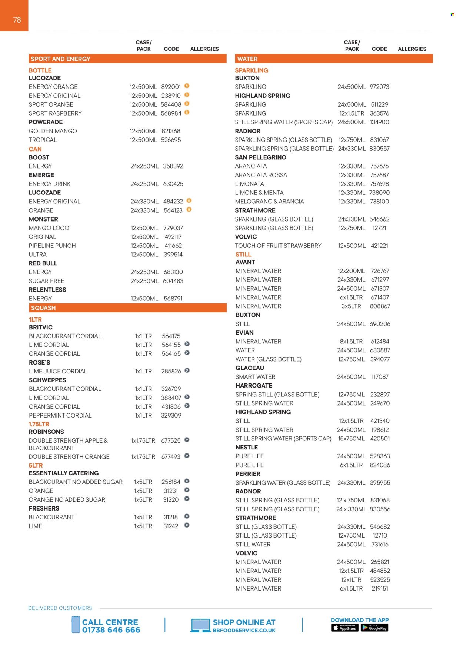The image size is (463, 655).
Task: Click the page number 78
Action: [17, 20]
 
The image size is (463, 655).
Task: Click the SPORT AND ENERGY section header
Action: [60, 59]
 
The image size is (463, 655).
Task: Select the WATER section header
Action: [247, 59]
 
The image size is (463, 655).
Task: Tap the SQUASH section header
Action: [43, 308]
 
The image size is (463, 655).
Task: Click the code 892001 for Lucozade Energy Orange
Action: [171, 87]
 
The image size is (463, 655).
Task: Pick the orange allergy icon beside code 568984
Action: [187, 112]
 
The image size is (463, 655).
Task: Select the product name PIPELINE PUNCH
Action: [52, 246]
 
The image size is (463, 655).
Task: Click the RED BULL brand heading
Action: [43, 263]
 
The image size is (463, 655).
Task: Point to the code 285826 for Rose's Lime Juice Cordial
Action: [171, 371]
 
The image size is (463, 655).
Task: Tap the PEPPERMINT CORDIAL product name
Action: [60, 415]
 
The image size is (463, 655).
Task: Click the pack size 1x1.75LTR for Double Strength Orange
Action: [143, 457]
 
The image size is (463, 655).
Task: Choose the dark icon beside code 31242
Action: [187, 525]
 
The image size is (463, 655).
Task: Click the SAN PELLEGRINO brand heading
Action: [260, 157]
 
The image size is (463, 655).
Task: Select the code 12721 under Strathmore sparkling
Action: [379, 228]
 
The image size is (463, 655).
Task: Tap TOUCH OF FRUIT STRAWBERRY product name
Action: [278, 246]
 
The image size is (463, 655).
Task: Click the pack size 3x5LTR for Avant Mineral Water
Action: [351, 306]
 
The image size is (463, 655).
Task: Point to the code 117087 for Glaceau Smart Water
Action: [380, 377]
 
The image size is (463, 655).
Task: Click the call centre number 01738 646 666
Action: [111, 630]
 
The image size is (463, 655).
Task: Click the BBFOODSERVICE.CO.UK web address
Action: [244, 631]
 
